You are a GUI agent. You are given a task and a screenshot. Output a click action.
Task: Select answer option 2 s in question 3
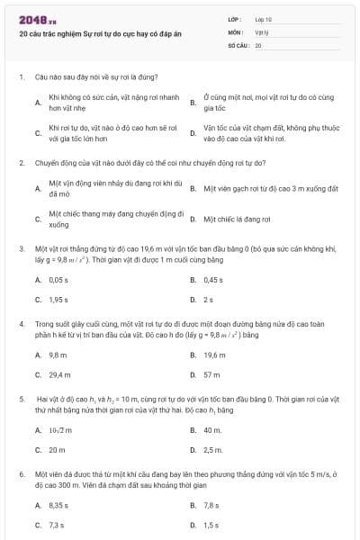(208, 299)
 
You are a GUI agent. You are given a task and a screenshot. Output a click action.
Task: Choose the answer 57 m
(211, 374)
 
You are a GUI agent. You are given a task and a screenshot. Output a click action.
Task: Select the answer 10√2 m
(60, 430)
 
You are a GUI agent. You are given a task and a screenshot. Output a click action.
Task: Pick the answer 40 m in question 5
(212, 430)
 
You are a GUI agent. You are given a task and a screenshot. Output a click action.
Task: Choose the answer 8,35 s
(58, 506)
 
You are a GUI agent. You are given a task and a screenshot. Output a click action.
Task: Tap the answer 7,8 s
(211, 506)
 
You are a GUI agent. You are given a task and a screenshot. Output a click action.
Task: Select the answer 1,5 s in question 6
(211, 525)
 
